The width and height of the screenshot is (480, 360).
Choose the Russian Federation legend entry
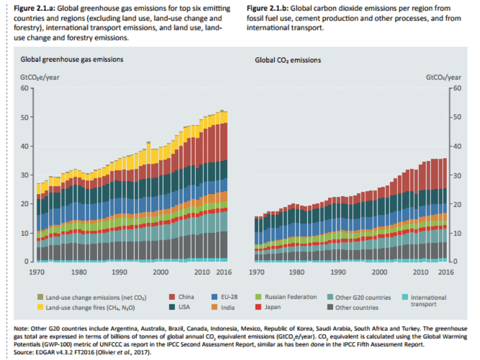(x=285, y=297)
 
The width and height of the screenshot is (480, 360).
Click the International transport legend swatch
(x=407, y=297)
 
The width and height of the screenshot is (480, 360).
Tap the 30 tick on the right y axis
(x=456, y=175)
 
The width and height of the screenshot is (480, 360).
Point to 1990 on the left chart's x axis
(x=119, y=272)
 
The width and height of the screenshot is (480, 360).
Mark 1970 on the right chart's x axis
(x=257, y=272)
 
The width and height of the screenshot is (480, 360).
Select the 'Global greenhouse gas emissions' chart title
(x=72, y=59)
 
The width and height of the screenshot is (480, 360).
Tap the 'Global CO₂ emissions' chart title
(x=288, y=60)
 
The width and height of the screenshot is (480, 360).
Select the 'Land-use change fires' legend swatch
(x=41, y=307)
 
